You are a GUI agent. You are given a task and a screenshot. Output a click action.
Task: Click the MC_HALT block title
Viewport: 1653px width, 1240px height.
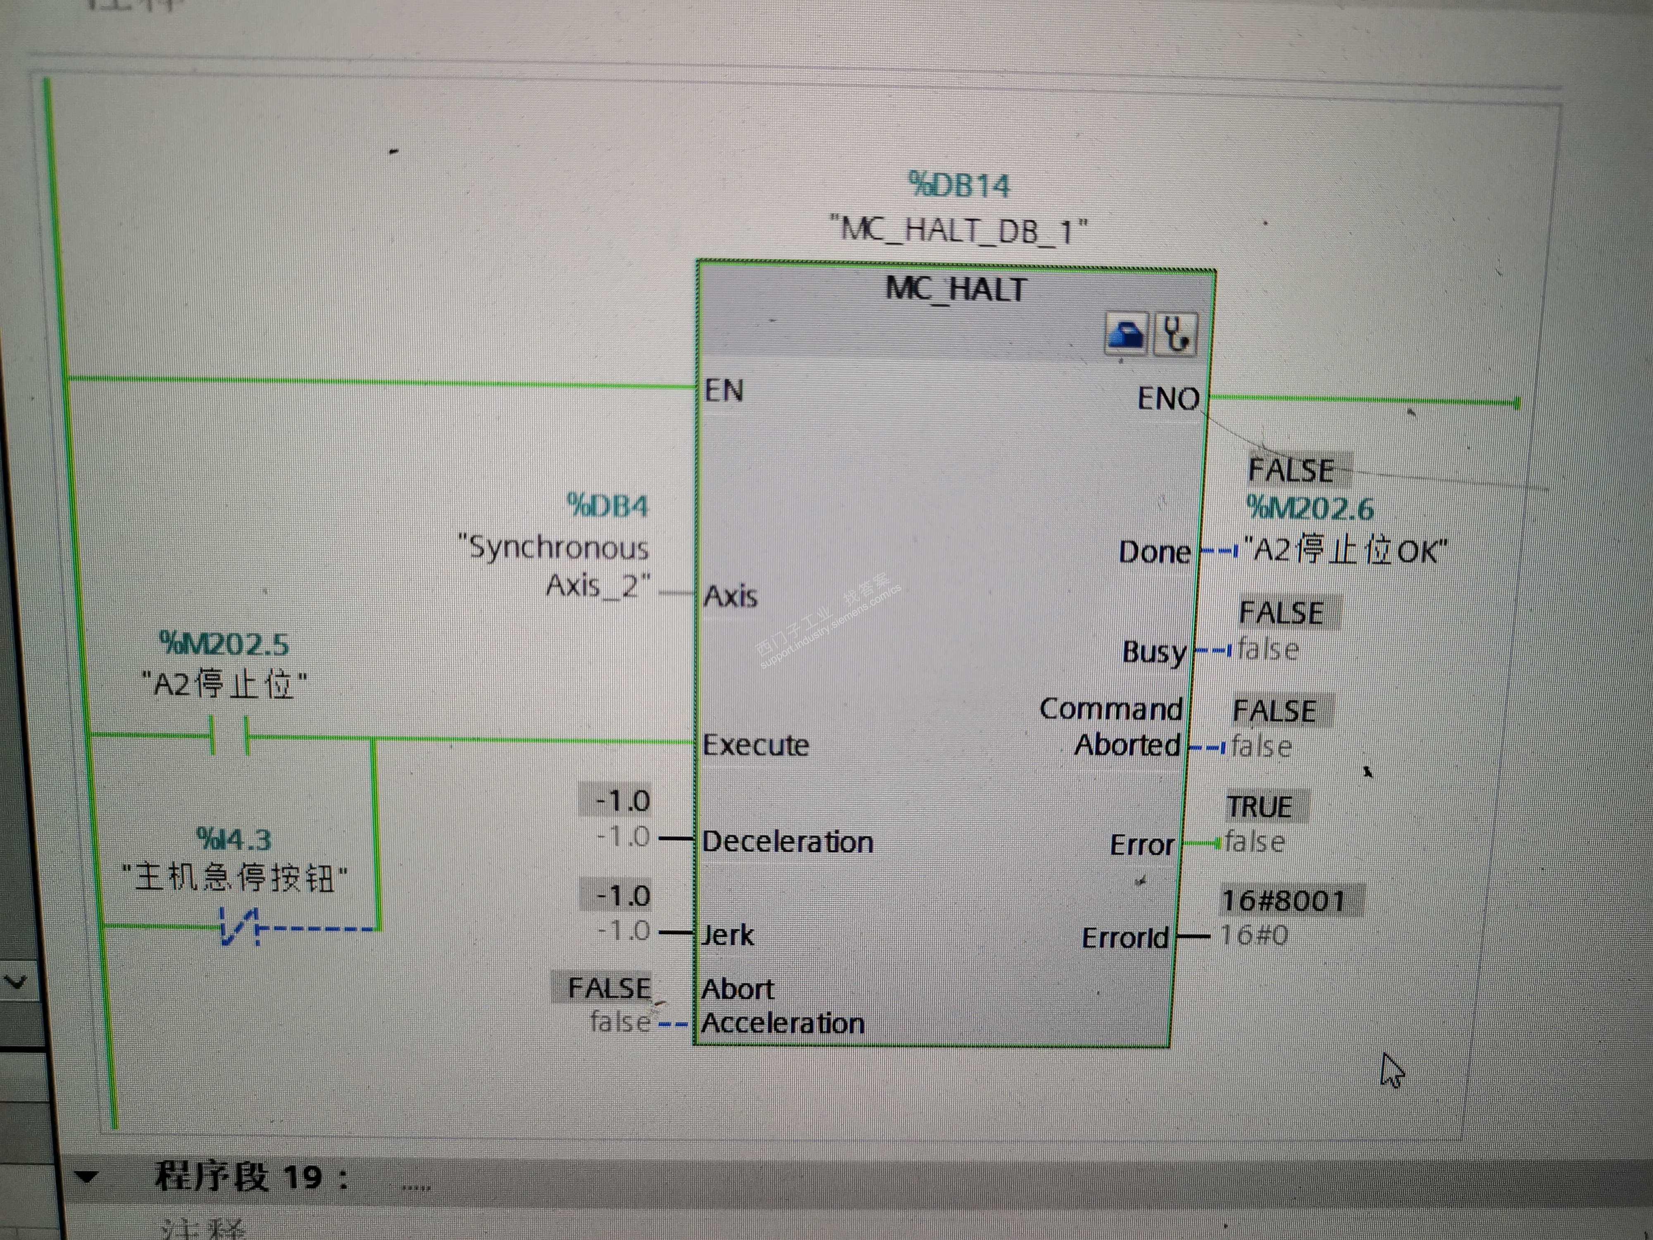[x=956, y=289]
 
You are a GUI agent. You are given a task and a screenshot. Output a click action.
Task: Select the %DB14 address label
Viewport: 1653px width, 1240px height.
[x=959, y=185]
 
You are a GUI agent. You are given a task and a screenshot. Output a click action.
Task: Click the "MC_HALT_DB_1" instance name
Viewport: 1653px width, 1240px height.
[x=959, y=229]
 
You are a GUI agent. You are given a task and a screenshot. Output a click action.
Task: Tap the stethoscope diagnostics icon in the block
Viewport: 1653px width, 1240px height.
[x=1175, y=334]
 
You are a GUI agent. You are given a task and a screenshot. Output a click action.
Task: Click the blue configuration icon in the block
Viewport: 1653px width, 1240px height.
[x=1126, y=334]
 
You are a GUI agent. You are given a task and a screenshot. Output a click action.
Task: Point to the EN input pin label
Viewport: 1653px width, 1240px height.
[x=723, y=390]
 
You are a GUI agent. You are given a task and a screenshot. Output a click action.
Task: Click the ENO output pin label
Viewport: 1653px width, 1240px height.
[x=1167, y=398]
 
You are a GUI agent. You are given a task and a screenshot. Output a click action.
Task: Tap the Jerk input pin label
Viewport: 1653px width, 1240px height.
[x=727, y=935]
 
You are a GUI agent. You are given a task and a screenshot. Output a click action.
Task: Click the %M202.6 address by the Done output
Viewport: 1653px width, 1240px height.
[x=1309, y=509]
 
